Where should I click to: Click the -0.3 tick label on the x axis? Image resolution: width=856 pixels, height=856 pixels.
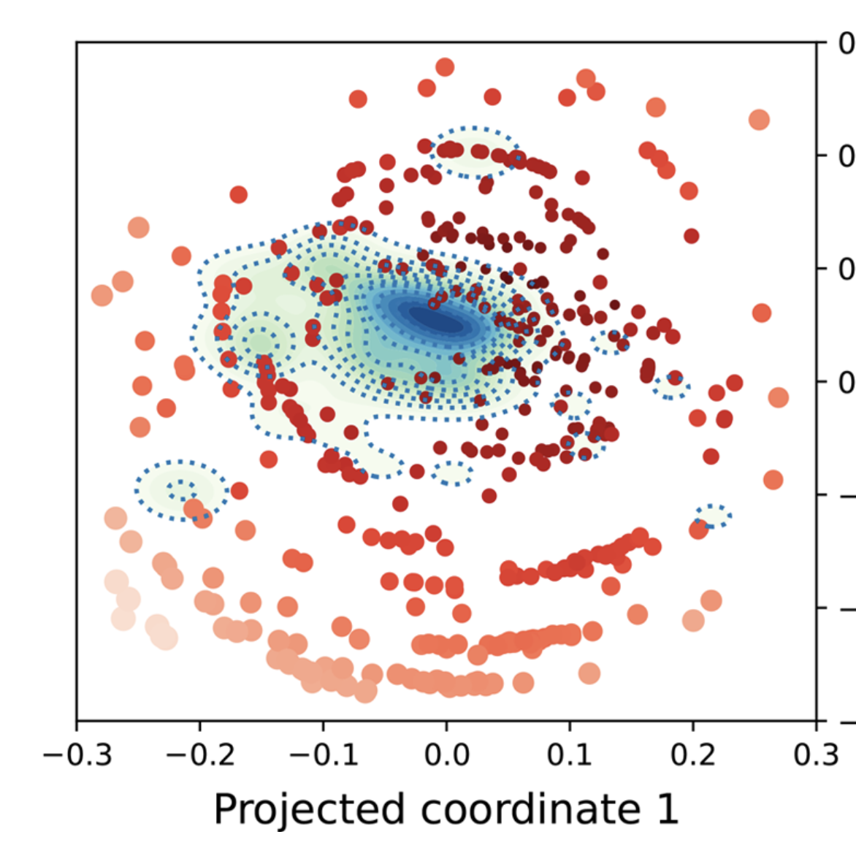[77, 754]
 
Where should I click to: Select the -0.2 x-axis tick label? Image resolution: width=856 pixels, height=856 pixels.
[200, 754]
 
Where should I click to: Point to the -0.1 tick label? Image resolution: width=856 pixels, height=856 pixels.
[324, 754]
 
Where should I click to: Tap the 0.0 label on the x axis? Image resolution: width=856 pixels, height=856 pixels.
[446, 754]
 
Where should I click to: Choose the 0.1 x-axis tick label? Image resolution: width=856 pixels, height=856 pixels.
[570, 754]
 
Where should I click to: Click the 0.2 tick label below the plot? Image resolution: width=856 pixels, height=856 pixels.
[692, 754]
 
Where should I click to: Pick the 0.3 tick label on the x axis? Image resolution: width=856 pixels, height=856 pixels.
[816, 754]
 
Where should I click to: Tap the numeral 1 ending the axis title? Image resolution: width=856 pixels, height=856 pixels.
[666, 809]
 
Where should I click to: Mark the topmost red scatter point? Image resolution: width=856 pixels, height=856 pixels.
[445, 67]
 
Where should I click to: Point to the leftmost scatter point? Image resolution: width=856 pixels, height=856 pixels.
[102, 295]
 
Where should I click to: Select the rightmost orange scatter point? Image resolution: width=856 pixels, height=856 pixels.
[779, 397]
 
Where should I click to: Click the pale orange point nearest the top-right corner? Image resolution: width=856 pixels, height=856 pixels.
[759, 119]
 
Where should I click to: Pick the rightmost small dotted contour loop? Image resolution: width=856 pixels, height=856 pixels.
[713, 516]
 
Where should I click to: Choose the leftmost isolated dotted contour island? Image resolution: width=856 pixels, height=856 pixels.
[179, 489]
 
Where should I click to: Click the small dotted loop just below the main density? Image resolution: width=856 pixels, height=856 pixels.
[453, 473]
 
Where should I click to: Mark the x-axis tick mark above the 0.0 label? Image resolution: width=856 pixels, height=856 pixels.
[446, 725]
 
